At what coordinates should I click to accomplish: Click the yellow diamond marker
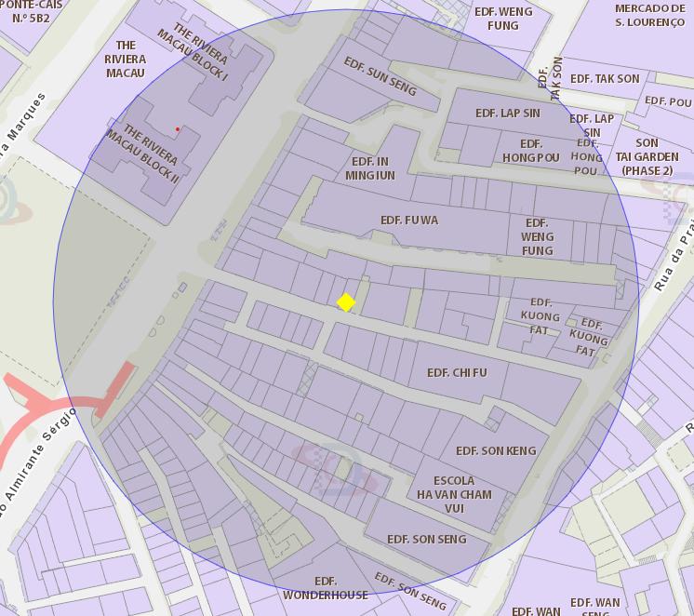[x=346, y=302]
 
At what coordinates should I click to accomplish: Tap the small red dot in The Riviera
[x=178, y=129]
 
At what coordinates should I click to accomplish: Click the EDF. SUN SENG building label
[x=380, y=75]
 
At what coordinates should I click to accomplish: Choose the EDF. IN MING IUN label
[x=370, y=168]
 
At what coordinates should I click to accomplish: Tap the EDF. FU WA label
[x=408, y=221]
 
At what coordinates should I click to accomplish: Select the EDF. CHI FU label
[x=457, y=373]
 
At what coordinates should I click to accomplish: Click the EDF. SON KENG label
[x=496, y=451]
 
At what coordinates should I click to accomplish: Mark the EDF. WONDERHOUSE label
[x=326, y=588]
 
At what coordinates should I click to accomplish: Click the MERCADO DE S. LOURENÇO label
[x=649, y=15]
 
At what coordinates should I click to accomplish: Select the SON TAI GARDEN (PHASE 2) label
[x=647, y=157]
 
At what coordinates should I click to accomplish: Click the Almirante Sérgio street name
[x=37, y=461]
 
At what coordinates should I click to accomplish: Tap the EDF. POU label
[x=668, y=101]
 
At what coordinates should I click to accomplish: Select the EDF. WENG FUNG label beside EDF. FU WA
[x=537, y=237]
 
